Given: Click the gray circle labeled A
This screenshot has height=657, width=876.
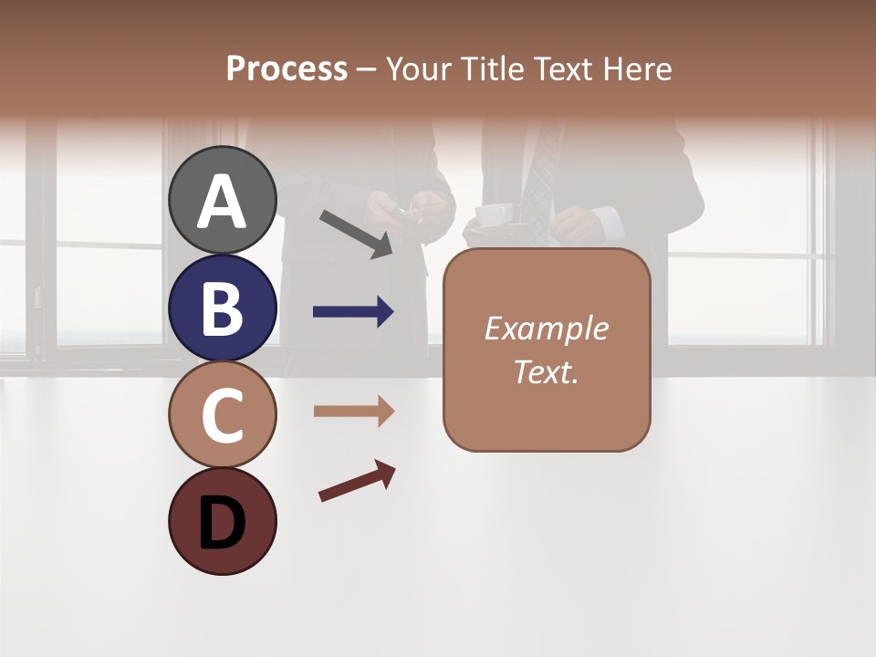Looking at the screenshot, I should (x=223, y=200).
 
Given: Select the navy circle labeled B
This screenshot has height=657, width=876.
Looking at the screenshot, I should (x=223, y=308).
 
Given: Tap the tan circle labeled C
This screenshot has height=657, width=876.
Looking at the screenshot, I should (x=223, y=414).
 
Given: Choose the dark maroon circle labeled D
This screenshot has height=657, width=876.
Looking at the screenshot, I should (x=223, y=521).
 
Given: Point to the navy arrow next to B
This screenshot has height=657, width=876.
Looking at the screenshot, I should (x=353, y=312).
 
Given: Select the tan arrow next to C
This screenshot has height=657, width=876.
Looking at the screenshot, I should (x=353, y=412).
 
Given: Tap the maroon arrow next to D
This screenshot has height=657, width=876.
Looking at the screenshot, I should (x=357, y=481).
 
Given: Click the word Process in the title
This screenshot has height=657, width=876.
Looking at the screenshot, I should (x=287, y=68).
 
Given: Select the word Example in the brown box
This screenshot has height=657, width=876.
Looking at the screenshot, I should (x=546, y=328).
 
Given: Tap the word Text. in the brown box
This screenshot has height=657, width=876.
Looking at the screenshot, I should (x=546, y=372).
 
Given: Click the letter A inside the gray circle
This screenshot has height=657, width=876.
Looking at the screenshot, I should (x=223, y=202).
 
